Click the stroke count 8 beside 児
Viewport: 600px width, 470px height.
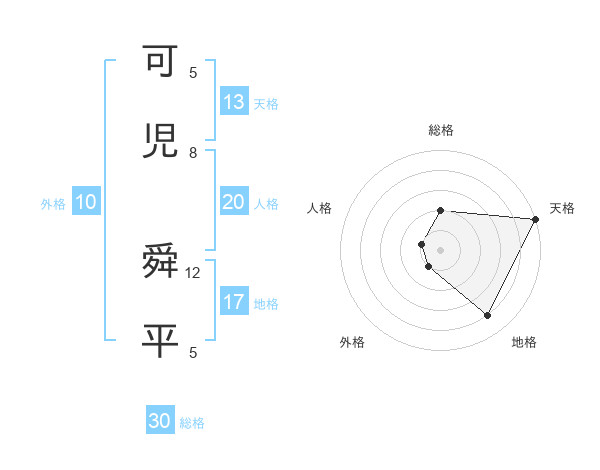pyautogui.click(x=193, y=153)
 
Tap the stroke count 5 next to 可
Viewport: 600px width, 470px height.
pyautogui.click(x=193, y=72)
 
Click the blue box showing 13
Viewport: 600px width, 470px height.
pyautogui.click(x=234, y=102)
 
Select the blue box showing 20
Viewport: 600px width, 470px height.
pyautogui.click(x=234, y=202)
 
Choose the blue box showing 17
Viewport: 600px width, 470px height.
pyautogui.click(x=234, y=301)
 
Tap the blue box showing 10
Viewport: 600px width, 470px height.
pyautogui.click(x=86, y=202)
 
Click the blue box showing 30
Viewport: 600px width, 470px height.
pyautogui.click(x=160, y=421)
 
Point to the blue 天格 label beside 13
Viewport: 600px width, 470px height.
pyautogui.click(x=266, y=104)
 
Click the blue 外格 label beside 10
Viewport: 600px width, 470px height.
pyautogui.click(x=53, y=204)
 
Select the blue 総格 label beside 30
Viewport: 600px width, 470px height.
pyautogui.click(x=192, y=423)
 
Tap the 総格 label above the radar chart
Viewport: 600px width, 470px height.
pyautogui.click(x=441, y=130)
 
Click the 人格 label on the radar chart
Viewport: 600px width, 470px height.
pyautogui.click(x=320, y=208)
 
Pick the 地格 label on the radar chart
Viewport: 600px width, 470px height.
pyautogui.click(x=524, y=343)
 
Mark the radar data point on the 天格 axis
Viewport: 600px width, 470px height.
pyautogui.click(x=537, y=219)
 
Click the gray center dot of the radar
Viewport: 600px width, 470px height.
pyautogui.click(x=441, y=250)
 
